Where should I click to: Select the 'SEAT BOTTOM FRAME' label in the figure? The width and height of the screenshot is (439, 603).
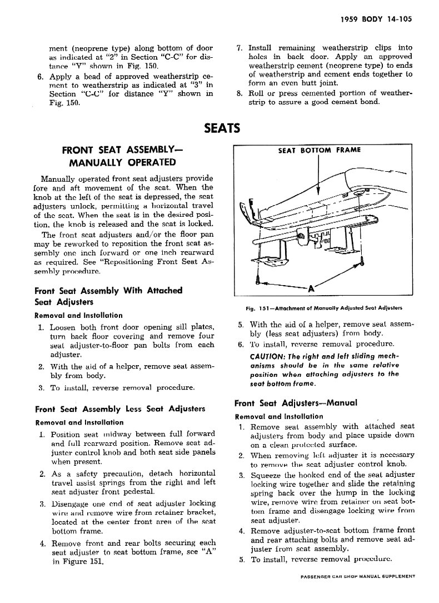point(319,150)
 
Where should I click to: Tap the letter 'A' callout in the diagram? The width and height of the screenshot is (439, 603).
point(311,289)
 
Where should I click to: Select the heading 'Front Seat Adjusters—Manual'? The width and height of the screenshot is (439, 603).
point(296,403)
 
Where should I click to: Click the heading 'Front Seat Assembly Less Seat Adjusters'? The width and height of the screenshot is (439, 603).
point(119,409)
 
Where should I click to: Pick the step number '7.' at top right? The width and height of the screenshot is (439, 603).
point(240,48)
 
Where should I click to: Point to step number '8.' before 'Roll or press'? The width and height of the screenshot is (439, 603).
point(240,93)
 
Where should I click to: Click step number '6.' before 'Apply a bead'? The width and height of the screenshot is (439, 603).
point(41,76)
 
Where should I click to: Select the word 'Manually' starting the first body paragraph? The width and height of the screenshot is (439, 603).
point(58,178)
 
